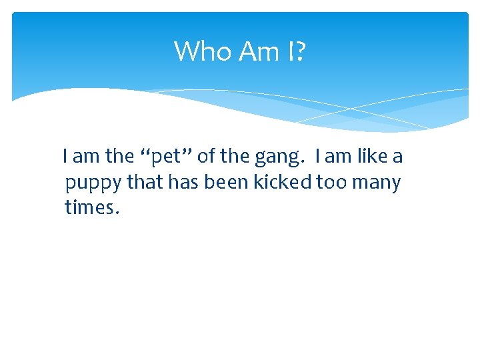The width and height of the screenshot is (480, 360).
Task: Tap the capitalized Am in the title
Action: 256,51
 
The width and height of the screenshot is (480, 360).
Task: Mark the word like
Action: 372,157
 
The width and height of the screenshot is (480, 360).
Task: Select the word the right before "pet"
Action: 120,157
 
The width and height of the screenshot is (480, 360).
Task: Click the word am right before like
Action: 339,157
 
